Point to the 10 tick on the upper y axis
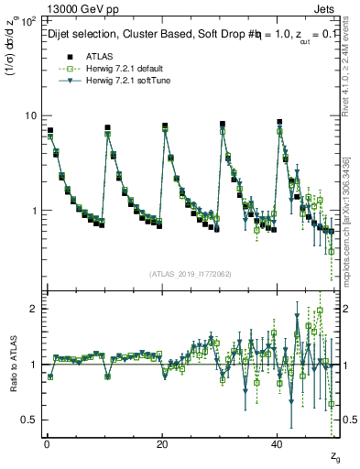pos(30,115)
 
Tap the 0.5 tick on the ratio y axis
pos(30,420)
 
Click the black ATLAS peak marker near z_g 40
pos(280,122)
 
